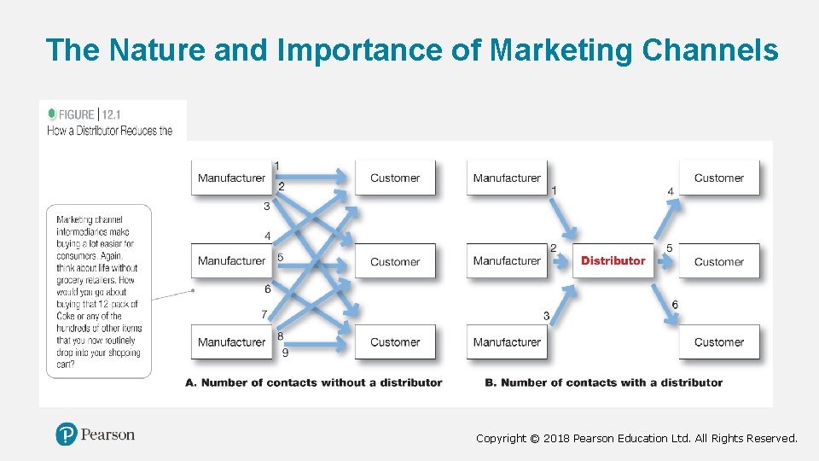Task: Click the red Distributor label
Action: click(x=613, y=260)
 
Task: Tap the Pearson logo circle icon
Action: click(x=67, y=435)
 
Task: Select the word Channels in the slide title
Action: click(x=710, y=50)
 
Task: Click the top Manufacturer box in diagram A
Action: click(x=232, y=178)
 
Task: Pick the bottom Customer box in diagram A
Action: click(x=395, y=342)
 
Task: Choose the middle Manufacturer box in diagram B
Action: click(x=507, y=260)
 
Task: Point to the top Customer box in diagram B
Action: click(x=718, y=178)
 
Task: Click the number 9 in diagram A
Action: click(x=285, y=352)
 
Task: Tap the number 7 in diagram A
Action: click(x=264, y=314)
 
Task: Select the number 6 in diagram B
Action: click(x=675, y=305)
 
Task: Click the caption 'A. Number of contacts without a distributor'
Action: click(x=313, y=382)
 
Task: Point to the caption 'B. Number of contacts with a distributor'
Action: click(x=603, y=382)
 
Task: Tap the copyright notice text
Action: click(x=636, y=438)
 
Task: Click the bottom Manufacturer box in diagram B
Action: click(x=507, y=342)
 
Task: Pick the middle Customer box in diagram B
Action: click(x=718, y=261)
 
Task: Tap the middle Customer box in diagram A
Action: click(x=395, y=261)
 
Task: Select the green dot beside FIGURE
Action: click(x=52, y=114)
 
